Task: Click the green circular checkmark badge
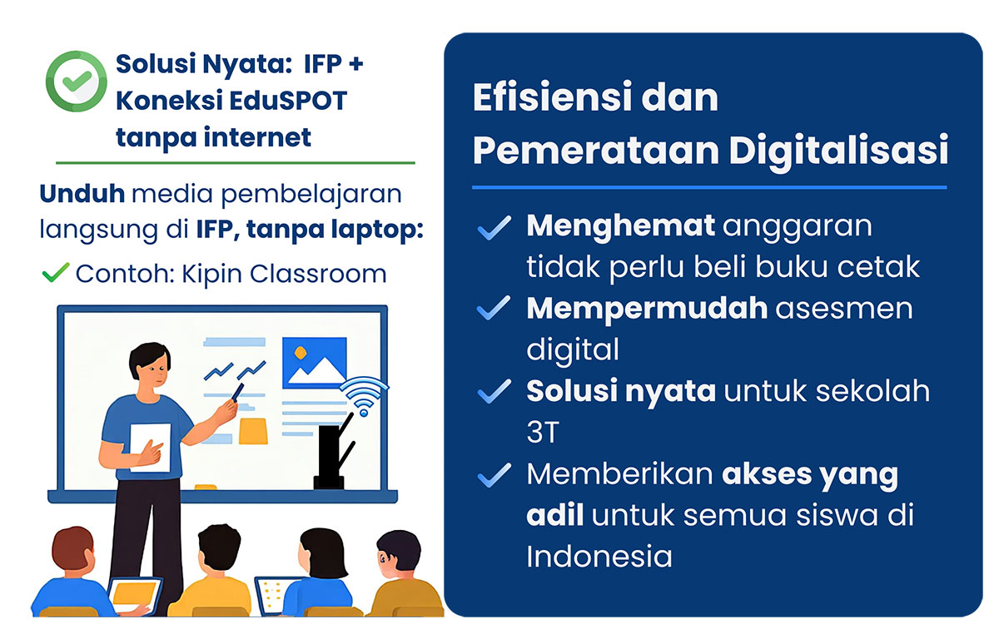click(x=77, y=81)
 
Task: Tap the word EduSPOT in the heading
click(x=289, y=101)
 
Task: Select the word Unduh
click(x=82, y=194)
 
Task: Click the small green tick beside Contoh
click(x=55, y=273)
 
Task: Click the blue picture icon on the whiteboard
click(x=315, y=363)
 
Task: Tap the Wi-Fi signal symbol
click(x=364, y=396)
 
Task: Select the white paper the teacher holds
click(x=151, y=447)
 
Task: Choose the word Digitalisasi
click(x=838, y=150)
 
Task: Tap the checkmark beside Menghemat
click(x=495, y=228)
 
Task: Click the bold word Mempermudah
click(x=647, y=310)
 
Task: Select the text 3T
click(x=543, y=432)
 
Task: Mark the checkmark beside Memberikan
click(x=495, y=475)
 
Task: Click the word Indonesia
click(x=599, y=556)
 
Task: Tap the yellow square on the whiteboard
click(x=253, y=431)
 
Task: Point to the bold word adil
click(x=554, y=515)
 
